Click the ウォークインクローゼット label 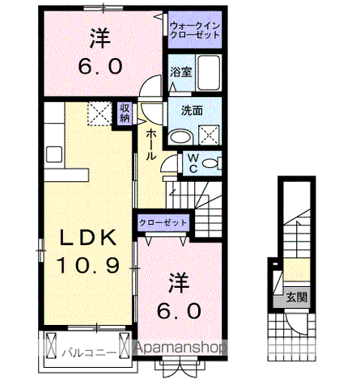tap(195, 32)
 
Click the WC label tap(193, 163)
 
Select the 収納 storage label tap(125, 112)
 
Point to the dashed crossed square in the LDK tap(100, 112)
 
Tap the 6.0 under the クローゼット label tap(180, 311)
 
